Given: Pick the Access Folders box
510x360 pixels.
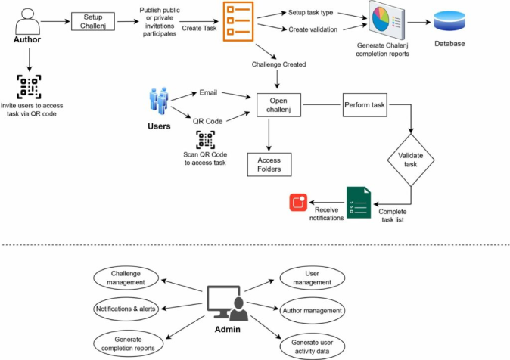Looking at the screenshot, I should (x=269, y=165).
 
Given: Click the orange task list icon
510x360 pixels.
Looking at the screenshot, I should (x=234, y=21).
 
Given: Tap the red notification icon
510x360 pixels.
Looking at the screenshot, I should (x=297, y=202).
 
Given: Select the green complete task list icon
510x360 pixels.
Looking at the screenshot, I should (x=358, y=203).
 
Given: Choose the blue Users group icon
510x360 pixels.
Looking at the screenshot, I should (x=157, y=104).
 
